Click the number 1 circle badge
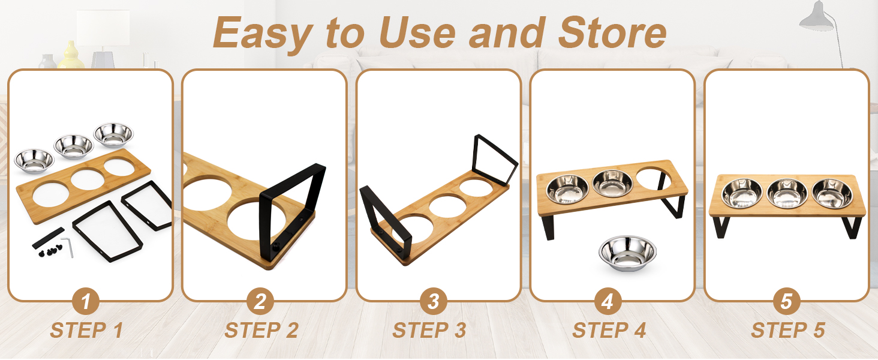86,301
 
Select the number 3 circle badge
433,301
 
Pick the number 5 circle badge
786,301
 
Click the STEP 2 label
261,330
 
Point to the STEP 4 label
609,330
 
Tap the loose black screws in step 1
50,251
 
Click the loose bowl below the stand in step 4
627,253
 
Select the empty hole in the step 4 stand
654,178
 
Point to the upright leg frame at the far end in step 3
495,160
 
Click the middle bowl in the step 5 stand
787,193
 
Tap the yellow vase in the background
71,55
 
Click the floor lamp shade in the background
817,16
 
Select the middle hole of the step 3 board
447,206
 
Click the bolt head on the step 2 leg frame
276,245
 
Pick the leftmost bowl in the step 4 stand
567,189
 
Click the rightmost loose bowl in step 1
113,135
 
